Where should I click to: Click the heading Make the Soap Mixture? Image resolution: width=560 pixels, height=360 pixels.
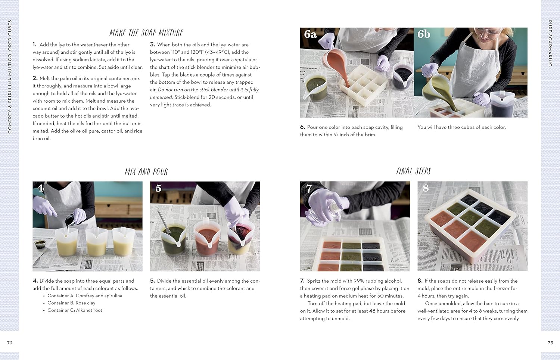pos(146,33)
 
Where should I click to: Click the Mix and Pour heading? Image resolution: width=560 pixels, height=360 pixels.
pos(146,172)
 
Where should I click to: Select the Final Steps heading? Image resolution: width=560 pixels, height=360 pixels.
pos(413,171)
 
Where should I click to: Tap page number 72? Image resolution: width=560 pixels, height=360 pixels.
pos(10,342)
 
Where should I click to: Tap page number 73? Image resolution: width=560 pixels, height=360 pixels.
pos(550,342)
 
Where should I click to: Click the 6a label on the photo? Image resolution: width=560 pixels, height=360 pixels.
pos(310,34)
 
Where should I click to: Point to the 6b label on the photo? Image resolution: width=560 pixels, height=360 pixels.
pos(424,34)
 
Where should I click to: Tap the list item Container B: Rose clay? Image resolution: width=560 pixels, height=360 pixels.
pos(71,303)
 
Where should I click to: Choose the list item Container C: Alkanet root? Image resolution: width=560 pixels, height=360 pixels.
pos(75,310)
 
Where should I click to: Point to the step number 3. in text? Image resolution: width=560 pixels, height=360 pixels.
pos(152,44)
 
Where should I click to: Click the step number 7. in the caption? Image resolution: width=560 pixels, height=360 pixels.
pos(302,281)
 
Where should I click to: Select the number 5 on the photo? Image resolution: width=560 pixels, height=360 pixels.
pos(158,188)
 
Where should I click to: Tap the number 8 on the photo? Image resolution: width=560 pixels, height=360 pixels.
pos(426,188)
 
